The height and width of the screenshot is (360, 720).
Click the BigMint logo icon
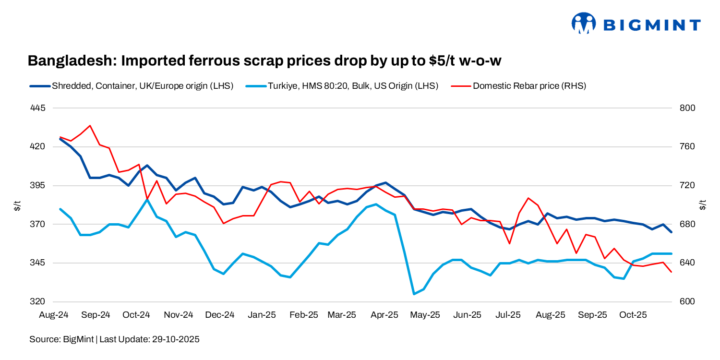pyautogui.click(x=583, y=23)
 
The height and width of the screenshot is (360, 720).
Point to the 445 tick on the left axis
pyautogui.click(x=37, y=108)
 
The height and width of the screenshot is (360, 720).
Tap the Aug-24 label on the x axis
pyautogui.click(x=54, y=315)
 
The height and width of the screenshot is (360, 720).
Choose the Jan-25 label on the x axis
pyautogui.click(x=263, y=315)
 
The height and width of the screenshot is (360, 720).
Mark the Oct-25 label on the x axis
pyautogui.click(x=633, y=315)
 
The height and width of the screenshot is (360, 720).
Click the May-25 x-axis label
pyautogui.click(x=426, y=315)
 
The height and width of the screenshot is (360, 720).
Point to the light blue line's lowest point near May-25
pyautogui.click(x=414, y=294)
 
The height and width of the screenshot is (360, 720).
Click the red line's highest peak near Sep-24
pyautogui.click(x=90, y=126)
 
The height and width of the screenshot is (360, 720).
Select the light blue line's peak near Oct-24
pyautogui.click(x=147, y=199)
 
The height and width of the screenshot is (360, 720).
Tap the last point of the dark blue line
pyautogui.click(x=672, y=232)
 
